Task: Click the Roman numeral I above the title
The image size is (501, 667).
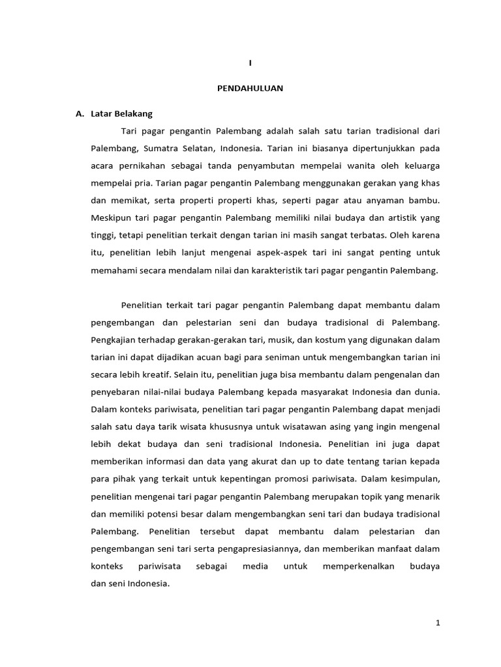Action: pos(250,63)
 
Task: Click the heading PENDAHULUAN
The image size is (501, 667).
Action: pos(250,88)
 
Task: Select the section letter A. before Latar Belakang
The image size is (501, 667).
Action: pos(81,113)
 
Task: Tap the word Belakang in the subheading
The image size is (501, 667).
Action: pos(134,113)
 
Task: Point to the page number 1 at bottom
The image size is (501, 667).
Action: pos(438,623)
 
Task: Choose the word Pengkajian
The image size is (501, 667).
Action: pos(114,340)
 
